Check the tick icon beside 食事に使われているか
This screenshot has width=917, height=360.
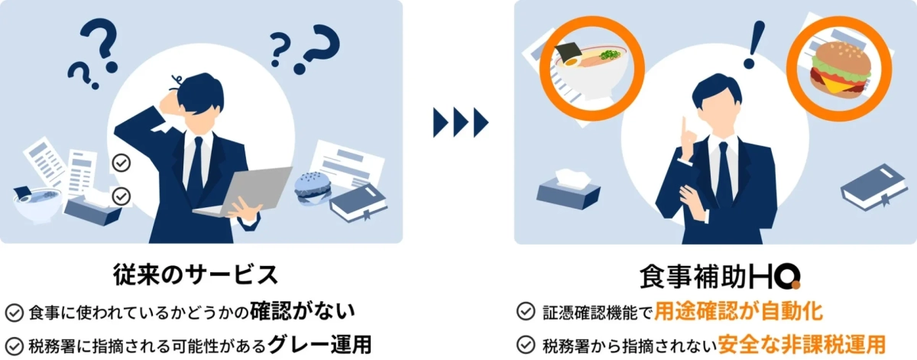click(x=15, y=312)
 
